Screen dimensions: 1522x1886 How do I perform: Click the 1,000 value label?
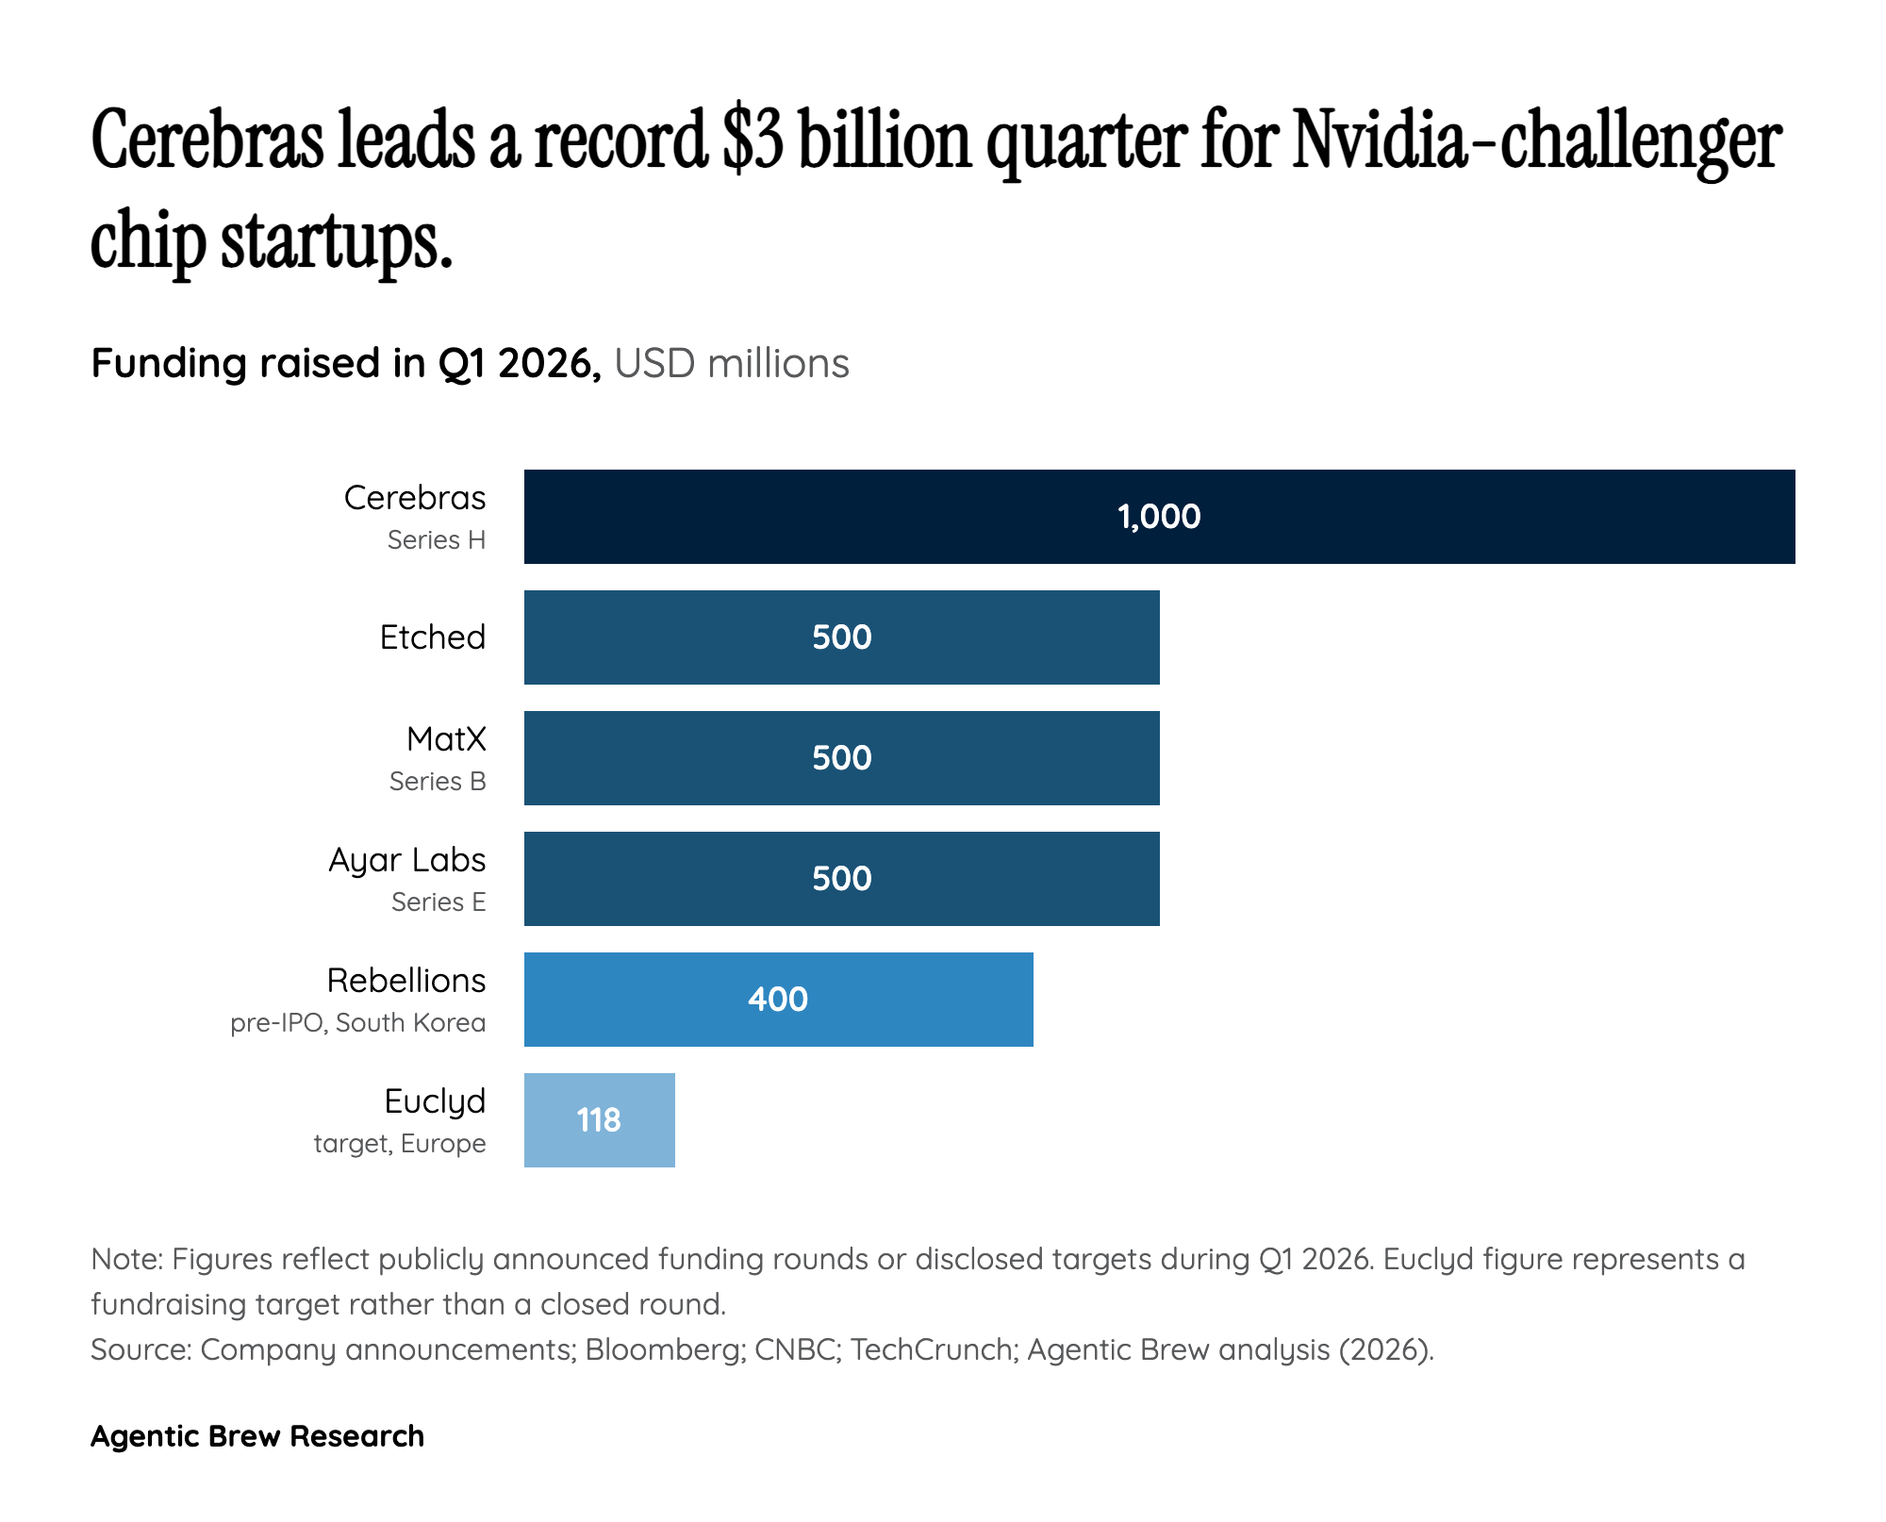(1159, 517)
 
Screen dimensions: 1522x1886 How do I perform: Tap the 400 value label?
(778, 1000)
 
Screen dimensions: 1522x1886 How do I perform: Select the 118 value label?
(598, 1120)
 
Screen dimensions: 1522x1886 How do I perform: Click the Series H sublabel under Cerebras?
(437, 540)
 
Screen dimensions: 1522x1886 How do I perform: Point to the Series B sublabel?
(438, 782)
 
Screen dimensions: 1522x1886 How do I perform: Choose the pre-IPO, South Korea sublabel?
(357, 1023)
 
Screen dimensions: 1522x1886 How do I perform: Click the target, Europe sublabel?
(400, 1144)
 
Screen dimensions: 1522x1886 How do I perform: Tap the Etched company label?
(433, 637)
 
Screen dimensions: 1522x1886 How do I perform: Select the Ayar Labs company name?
(407, 860)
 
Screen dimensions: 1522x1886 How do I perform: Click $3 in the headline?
(753, 141)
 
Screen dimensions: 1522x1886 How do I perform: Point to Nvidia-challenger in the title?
(1536, 141)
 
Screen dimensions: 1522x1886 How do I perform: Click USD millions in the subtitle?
(732, 364)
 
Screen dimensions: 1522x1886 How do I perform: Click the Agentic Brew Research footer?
(257, 1436)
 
